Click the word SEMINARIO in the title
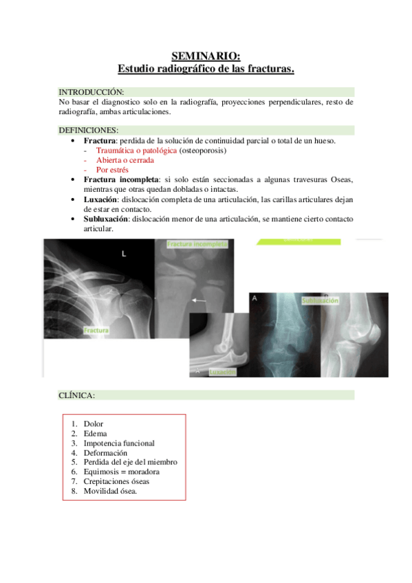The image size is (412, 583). [x=206, y=57]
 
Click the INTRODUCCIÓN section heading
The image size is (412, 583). [x=91, y=91]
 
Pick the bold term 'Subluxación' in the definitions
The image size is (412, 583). [x=106, y=219]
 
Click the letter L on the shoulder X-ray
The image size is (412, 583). [x=124, y=254]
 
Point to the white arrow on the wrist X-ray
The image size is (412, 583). [x=199, y=300]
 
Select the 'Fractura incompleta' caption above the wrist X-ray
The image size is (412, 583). [x=196, y=244]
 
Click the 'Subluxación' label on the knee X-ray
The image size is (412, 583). [x=320, y=300]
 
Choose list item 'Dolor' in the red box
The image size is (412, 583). [x=93, y=424]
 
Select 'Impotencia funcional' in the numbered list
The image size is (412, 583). [x=119, y=443]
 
